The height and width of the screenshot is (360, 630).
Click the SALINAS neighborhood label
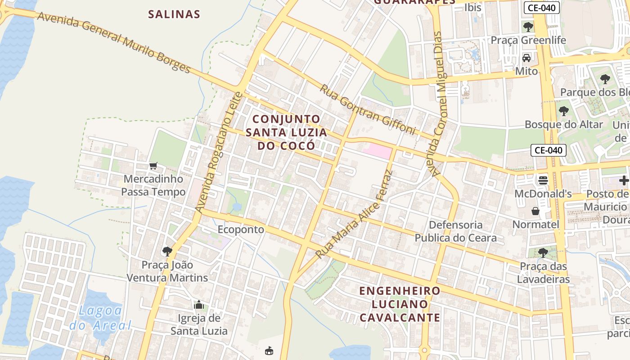[174, 14]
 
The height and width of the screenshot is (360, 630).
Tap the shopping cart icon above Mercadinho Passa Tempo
[153, 166]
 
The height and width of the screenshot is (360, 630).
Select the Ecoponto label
[241, 229]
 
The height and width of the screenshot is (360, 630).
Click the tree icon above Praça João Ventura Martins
[167, 251]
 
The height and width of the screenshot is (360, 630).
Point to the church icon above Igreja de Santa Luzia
[199, 305]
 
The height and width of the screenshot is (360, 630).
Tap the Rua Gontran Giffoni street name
[367, 109]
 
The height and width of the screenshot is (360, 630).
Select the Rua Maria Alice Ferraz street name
[355, 214]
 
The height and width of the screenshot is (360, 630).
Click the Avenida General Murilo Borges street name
[114, 42]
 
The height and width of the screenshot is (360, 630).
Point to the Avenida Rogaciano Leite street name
[219, 152]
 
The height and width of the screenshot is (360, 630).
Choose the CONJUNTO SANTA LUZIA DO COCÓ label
[286, 132]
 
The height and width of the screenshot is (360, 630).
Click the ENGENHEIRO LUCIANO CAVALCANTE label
[400, 304]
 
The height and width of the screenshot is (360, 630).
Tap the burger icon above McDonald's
[543, 180]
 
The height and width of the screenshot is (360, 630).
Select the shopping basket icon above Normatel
[535, 211]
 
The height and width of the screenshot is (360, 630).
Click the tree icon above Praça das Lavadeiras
[543, 252]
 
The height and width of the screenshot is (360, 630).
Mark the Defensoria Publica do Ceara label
[455, 231]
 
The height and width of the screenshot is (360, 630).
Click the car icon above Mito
[526, 58]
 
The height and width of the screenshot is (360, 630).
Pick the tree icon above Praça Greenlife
[528, 27]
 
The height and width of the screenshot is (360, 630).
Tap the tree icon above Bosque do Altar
[563, 111]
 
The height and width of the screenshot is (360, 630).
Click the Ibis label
[473, 7]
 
